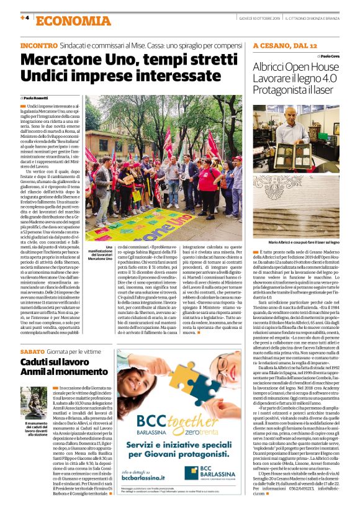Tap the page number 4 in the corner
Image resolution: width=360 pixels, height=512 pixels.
(25, 17)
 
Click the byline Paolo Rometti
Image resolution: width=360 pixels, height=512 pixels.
(38, 98)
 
